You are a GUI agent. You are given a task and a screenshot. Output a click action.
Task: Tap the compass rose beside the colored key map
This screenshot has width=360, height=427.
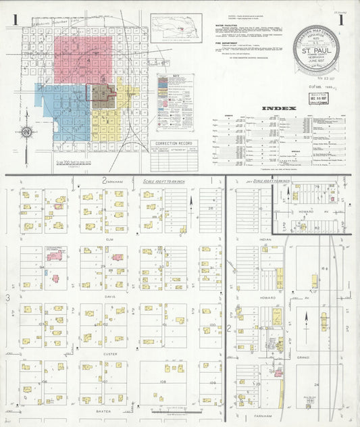(26, 132)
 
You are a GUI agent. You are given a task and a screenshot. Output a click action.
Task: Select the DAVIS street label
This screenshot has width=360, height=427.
(109, 296)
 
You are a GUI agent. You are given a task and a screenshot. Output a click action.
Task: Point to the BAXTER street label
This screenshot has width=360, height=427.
(103, 410)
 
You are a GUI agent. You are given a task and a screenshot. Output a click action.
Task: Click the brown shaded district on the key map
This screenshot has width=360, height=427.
(102, 96)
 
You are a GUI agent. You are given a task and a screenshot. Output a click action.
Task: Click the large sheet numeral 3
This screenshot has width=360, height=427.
(9, 297)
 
